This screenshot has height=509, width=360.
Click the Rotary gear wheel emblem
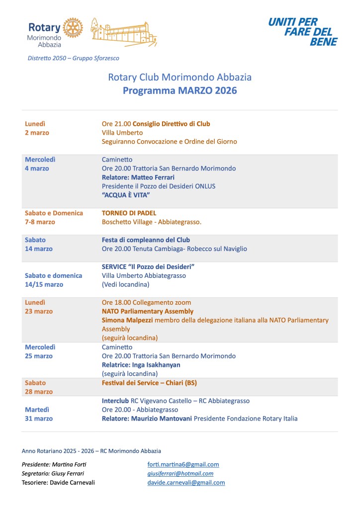point(73,28)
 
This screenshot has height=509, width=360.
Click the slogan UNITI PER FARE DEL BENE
point(303,32)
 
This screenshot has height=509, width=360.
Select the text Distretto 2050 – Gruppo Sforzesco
point(74,58)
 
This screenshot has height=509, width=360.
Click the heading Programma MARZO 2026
point(180,90)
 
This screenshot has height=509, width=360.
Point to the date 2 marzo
point(37,133)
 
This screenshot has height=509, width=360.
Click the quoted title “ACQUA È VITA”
point(127,195)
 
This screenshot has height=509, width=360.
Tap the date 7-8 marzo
point(40,222)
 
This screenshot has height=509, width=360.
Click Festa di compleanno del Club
point(146,240)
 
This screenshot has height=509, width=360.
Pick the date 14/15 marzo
point(44,284)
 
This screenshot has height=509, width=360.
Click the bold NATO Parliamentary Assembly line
point(148,311)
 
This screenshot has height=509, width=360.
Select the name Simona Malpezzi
point(127,320)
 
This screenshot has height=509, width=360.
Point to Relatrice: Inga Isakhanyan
point(141,365)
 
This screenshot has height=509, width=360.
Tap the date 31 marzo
point(39,419)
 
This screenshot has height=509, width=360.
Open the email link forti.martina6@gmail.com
point(183,464)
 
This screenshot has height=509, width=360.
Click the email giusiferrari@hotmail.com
point(180,473)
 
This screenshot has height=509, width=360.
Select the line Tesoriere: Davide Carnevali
point(58,482)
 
